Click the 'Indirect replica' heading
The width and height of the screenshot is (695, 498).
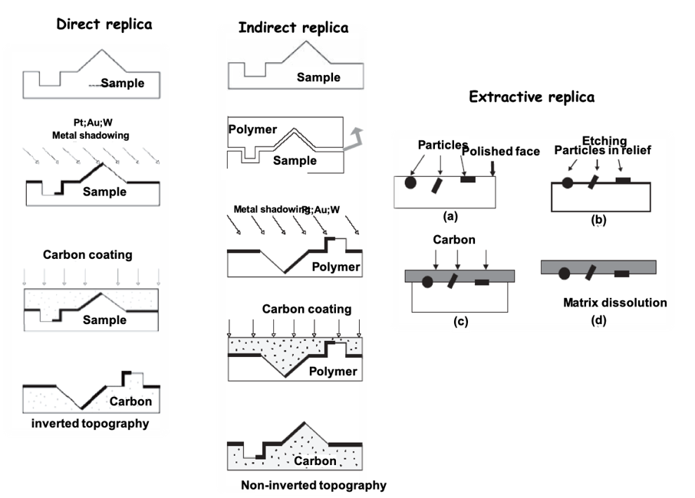[293, 28]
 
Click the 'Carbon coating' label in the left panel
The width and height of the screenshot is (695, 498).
[87, 255]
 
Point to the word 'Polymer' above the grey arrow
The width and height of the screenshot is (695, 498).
[252, 129]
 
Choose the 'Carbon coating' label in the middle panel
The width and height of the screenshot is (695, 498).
[307, 310]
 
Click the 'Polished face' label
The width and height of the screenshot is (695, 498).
[500, 152]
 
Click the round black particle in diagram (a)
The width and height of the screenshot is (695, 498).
[411, 183]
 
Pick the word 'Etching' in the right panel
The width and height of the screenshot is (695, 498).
[604, 141]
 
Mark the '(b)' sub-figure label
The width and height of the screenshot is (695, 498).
[598, 221]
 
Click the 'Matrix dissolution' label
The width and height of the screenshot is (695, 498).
[615, 303]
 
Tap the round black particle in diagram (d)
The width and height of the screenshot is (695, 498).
[565, 273]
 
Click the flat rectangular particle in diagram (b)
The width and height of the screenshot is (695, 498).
[624, 181]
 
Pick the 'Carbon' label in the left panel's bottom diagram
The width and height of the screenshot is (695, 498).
[130, 401]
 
